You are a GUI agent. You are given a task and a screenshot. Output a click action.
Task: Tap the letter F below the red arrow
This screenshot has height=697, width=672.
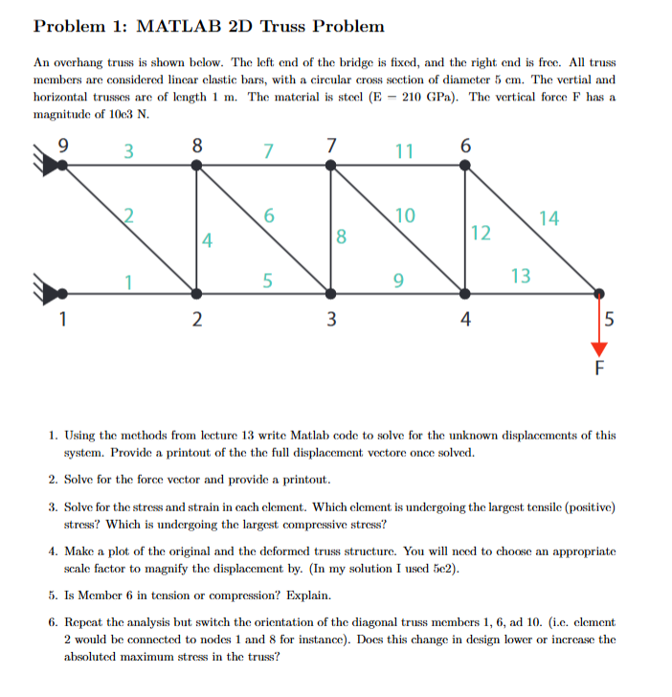pyautogui.click(x=600, y=367)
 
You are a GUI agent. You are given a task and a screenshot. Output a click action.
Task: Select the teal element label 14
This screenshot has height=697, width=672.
pyautogui.click(x=549, y=218)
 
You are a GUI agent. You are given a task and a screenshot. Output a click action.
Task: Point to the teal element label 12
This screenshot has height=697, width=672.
pyautogui.click(x=481, y=233)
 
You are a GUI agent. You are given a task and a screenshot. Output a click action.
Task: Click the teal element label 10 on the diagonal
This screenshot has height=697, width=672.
pyautogui.click(x=404, y=215)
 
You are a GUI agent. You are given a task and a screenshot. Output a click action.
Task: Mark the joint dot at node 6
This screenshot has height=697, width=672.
pyautogui.click(x=465, y=165)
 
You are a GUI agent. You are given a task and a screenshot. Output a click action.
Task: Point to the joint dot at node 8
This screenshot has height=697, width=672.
pyautogui.click(x=197, y=165)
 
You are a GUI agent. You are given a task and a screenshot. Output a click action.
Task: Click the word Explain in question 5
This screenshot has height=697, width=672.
pyautogui.click(x=326, y=594)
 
